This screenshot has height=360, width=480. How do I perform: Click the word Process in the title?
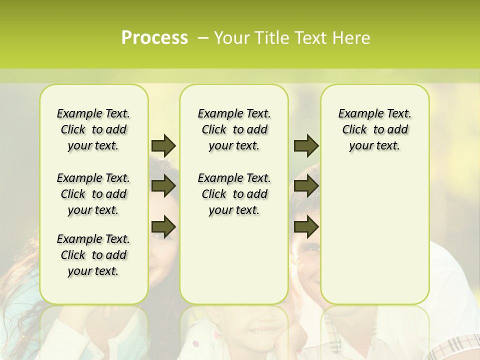(154, 38)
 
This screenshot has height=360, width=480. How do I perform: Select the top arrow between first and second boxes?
(163, 145)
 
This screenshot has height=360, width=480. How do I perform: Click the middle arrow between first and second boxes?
(163, 186)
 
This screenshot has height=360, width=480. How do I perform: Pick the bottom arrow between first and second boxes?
(163, 227)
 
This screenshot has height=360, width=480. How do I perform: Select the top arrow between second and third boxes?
(306, 145)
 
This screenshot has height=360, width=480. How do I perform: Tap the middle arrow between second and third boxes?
(306, 186)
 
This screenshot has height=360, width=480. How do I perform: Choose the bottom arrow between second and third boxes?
(306, 227)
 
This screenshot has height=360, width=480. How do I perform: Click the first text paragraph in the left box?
(93, 129)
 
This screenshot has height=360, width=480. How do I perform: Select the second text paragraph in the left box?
(93, 194)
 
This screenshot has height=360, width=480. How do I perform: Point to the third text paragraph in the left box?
(93, 255)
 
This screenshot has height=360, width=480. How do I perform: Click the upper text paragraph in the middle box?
(234, 129)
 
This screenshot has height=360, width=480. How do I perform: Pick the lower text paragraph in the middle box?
(234, 194)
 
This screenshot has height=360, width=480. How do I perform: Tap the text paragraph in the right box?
(375, 129)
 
